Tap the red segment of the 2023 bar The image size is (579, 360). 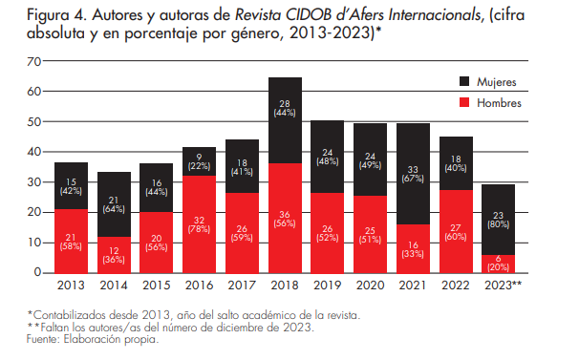(x=498, y=264)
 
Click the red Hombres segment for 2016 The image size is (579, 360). (x=199, y=223)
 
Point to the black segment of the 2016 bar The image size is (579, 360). (x=199, y=160)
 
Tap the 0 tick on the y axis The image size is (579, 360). (x=38, y=273)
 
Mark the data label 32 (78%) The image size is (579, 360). (x=199, y=223)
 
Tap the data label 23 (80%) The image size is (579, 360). (x=498, y=220)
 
